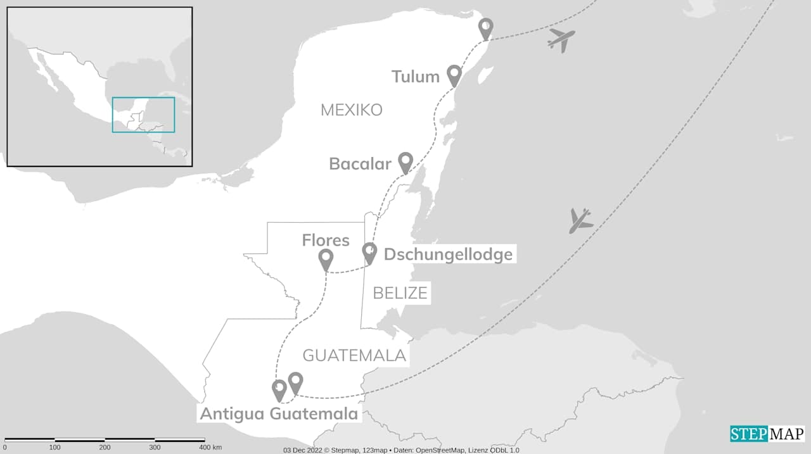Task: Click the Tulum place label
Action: pos(415,77)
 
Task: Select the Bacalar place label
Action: pos(360,164)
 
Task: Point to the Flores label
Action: pos(325,241)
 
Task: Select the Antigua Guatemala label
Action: pos(279,414)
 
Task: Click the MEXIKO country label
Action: pos(351,110)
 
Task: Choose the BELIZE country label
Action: pos(400,293)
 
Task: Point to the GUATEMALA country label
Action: pos(354,356)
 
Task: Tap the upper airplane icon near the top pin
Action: pos(561,40)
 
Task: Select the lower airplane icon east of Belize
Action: pos(580,220)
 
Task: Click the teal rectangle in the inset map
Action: pos(143,115)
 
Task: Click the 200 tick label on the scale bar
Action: pos(105,448)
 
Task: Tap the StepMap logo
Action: pos(767,434)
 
